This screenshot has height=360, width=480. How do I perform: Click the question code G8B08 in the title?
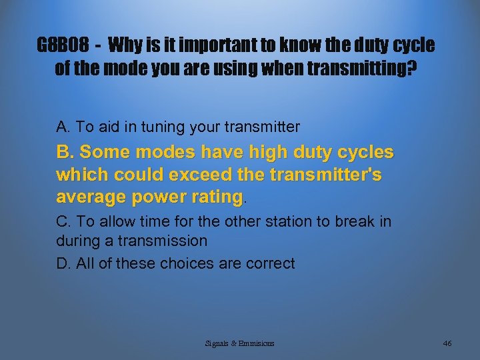click(x=64, y=45)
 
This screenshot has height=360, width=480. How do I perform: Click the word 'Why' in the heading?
click(x=121, y=45)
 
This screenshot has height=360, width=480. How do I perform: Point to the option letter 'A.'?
click(x=63, y=127)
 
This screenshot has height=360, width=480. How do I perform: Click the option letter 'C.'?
click(x=64, y=221)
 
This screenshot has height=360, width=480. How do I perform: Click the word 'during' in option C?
click(x=79, y=240)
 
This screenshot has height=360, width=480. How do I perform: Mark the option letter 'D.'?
click(x=64, y=263)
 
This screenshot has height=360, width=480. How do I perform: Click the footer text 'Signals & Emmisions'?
click(x=239, y=343)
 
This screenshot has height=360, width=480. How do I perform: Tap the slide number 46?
click(x=447, y=343)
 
